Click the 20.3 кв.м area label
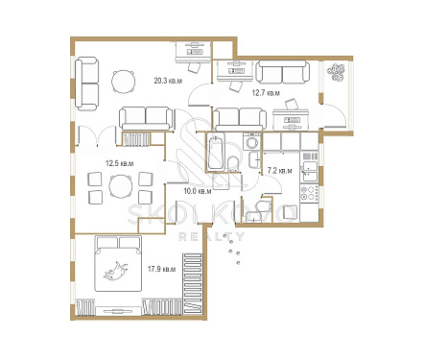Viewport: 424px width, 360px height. (168, 81)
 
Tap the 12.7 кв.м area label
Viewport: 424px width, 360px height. (266, 93)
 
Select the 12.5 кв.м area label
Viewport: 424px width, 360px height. (120, 163)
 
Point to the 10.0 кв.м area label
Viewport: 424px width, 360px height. (198, 191)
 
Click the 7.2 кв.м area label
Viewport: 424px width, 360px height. (280, 171)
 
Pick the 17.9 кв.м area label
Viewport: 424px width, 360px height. (161, 269)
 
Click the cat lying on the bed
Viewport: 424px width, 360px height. (115, 272)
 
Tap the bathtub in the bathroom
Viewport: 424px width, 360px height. (217, 153)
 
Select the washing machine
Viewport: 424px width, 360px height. (252, 141)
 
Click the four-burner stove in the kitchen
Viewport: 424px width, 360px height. (309, 193)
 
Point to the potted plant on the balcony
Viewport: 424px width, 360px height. (336, 72)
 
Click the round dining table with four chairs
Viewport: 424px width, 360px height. (121, 186)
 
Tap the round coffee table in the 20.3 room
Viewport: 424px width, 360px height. (123, 82)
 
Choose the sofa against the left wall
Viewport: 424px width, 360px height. (86, 84)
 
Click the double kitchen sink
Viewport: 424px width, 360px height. (309, 172)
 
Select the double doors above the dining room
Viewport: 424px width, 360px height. (97, 135)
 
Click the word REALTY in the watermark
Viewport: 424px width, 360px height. (211, 237)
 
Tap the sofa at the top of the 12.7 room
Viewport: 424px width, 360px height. (283, 71)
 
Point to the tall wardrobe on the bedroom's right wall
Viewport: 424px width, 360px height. (193, 284)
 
